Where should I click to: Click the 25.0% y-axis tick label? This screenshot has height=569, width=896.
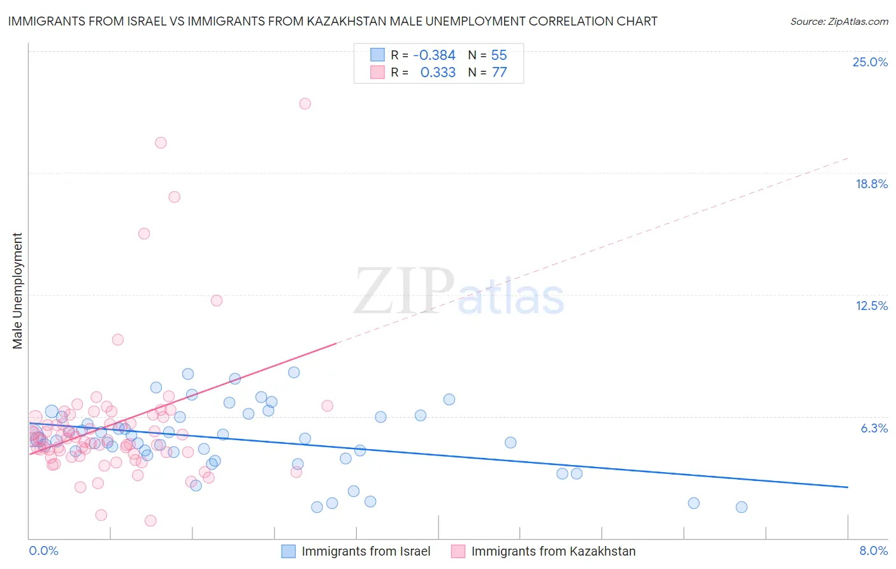(x=870, y=62)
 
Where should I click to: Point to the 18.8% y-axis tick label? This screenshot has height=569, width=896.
(x=871, y=184)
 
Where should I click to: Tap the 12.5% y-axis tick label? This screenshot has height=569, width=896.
(x=871, y=306)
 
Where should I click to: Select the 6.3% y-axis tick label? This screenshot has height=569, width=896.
(x=874, y=428)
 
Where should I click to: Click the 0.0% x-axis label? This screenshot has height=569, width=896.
(x=43, y=551)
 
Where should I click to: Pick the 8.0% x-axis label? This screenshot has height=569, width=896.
(x=873, y=551)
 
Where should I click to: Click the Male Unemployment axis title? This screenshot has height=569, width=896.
(x=17, y=291)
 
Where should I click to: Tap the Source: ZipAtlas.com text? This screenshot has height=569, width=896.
(x=839, y=21)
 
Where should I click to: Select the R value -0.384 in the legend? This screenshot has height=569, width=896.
(x=434, y=55)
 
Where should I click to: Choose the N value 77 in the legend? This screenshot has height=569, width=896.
(x=499, y=73)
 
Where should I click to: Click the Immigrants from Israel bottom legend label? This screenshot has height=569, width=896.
(x=366, y=551)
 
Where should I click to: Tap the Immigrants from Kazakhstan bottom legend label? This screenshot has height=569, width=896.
(x=553, y=551)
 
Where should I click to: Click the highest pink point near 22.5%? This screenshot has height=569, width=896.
(x=305, y=103)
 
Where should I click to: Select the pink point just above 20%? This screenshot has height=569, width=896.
(x=161, y=143)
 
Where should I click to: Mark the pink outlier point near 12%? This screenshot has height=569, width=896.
(x=217, y=300)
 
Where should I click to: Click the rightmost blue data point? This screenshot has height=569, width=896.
(x=741, y=507)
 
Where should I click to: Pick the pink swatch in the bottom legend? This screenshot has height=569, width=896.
(x=458, y=551)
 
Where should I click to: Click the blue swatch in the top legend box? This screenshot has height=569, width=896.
(x=377, y=55)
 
